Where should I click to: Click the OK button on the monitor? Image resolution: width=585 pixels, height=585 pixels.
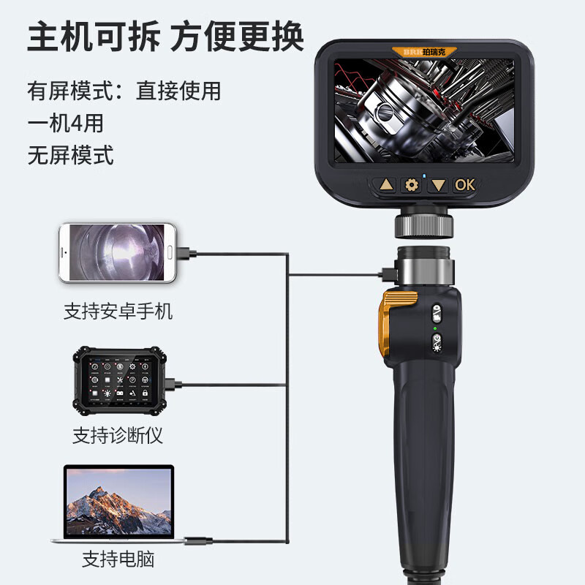465,185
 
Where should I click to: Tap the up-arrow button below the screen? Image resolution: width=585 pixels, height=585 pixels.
386,185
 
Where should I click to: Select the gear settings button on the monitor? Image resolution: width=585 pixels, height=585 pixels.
412,185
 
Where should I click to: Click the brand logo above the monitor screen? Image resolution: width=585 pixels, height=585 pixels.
424,53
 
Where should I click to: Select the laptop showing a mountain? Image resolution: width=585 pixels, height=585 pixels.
119,504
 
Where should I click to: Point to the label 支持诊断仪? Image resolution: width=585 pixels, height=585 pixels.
118,436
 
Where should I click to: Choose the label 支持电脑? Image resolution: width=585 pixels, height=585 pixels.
118,560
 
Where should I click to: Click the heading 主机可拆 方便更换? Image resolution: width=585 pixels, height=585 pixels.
166,37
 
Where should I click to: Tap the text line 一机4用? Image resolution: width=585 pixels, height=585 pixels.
65,123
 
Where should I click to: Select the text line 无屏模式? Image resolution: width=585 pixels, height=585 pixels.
70,154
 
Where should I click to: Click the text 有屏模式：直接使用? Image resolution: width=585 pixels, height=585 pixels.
124,91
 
